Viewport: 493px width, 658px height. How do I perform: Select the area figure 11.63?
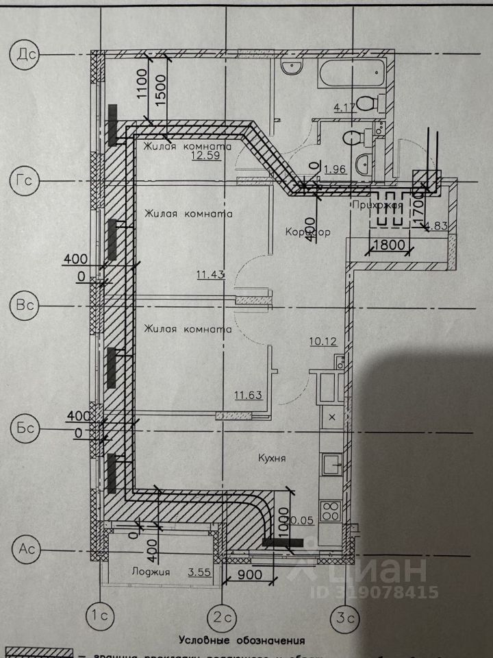[247, 394]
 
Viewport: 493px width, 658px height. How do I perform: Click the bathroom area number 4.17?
[345, 107]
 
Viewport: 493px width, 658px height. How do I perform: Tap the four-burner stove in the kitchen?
[331, 511]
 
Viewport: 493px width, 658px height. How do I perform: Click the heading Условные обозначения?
[242, 641]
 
